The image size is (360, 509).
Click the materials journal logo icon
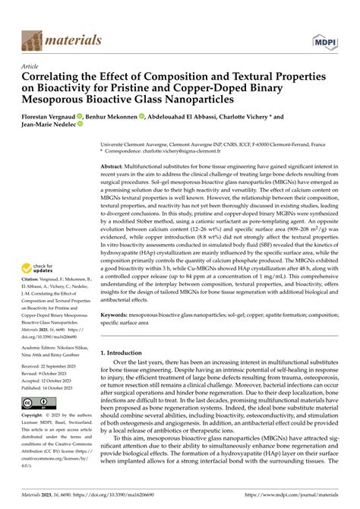pyautogui.click(x=32, y=39)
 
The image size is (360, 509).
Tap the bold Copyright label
pyautogui.click(x=37, y=417)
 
